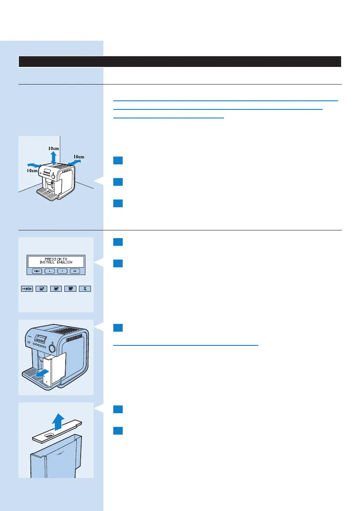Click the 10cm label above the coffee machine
pos(53,148)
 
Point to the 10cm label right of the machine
pos(79,157)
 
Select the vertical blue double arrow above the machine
pos(53,157)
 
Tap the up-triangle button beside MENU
pos(50,271)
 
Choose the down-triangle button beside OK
pos(63,271)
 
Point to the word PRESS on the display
pos(51,258)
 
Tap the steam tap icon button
pos(85,289)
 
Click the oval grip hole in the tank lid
pos(50,435)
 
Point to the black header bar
pos(180,61)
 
